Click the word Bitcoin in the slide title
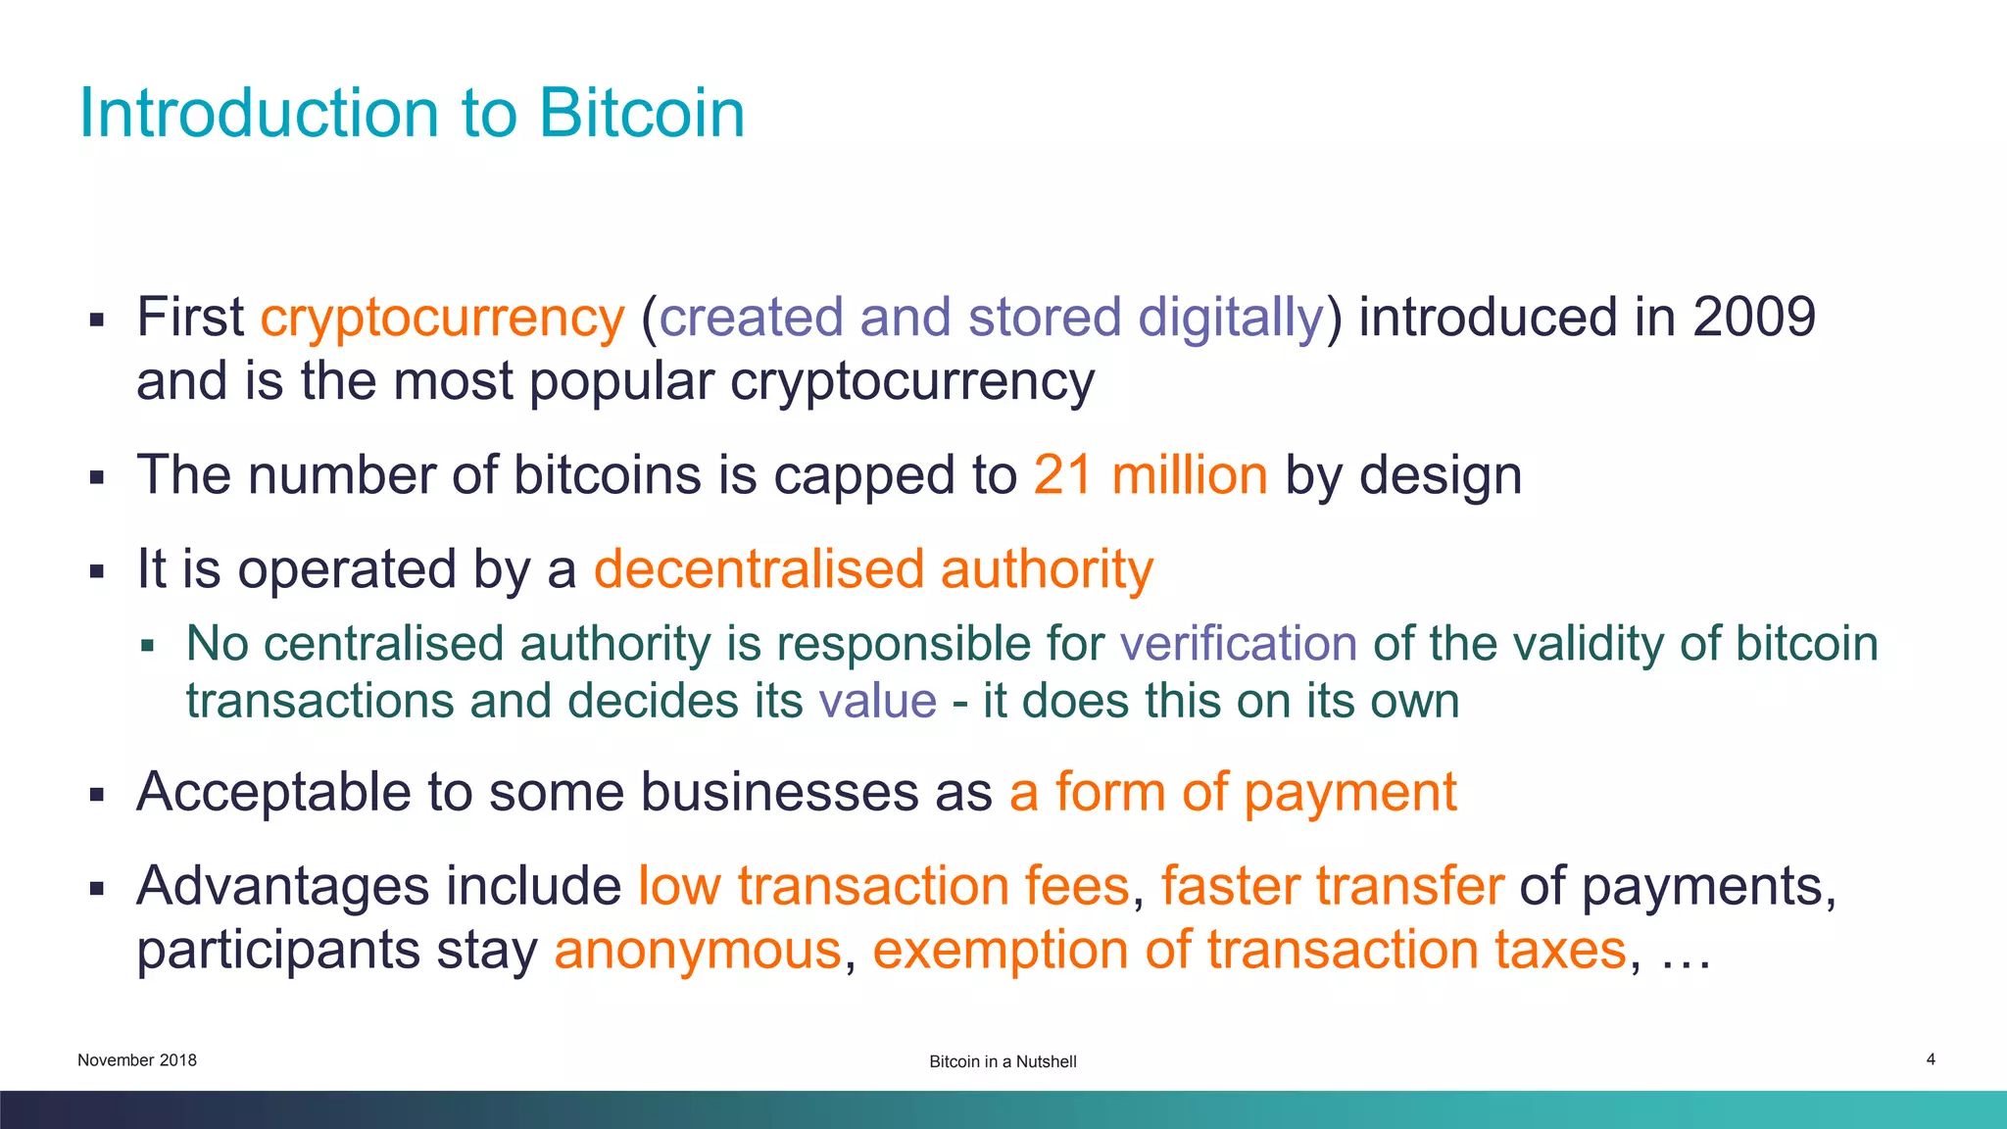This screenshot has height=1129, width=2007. tap(641, 113)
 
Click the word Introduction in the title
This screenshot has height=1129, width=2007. tap(260, 113)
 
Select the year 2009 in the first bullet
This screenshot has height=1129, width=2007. tap(1753, 317)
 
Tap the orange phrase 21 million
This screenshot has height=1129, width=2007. tap(1150, 475)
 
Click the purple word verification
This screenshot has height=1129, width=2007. tap(1238, 644)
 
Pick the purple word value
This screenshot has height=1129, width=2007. tap(877, 701)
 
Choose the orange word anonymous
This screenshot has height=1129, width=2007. tap(698, 950)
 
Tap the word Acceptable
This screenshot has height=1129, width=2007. tap(273, 792)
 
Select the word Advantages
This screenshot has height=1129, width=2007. tap(283, 886)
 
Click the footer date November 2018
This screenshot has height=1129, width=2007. tap(137, 1060)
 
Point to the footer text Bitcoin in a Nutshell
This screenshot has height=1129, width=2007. tap(1003, 1061)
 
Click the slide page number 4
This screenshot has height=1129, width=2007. tap(1931, 1059)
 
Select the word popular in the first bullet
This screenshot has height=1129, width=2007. tap(621, 381)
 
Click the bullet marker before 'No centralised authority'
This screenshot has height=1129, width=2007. tap(148, 646)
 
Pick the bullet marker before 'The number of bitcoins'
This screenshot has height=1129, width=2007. tap(96, 478)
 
